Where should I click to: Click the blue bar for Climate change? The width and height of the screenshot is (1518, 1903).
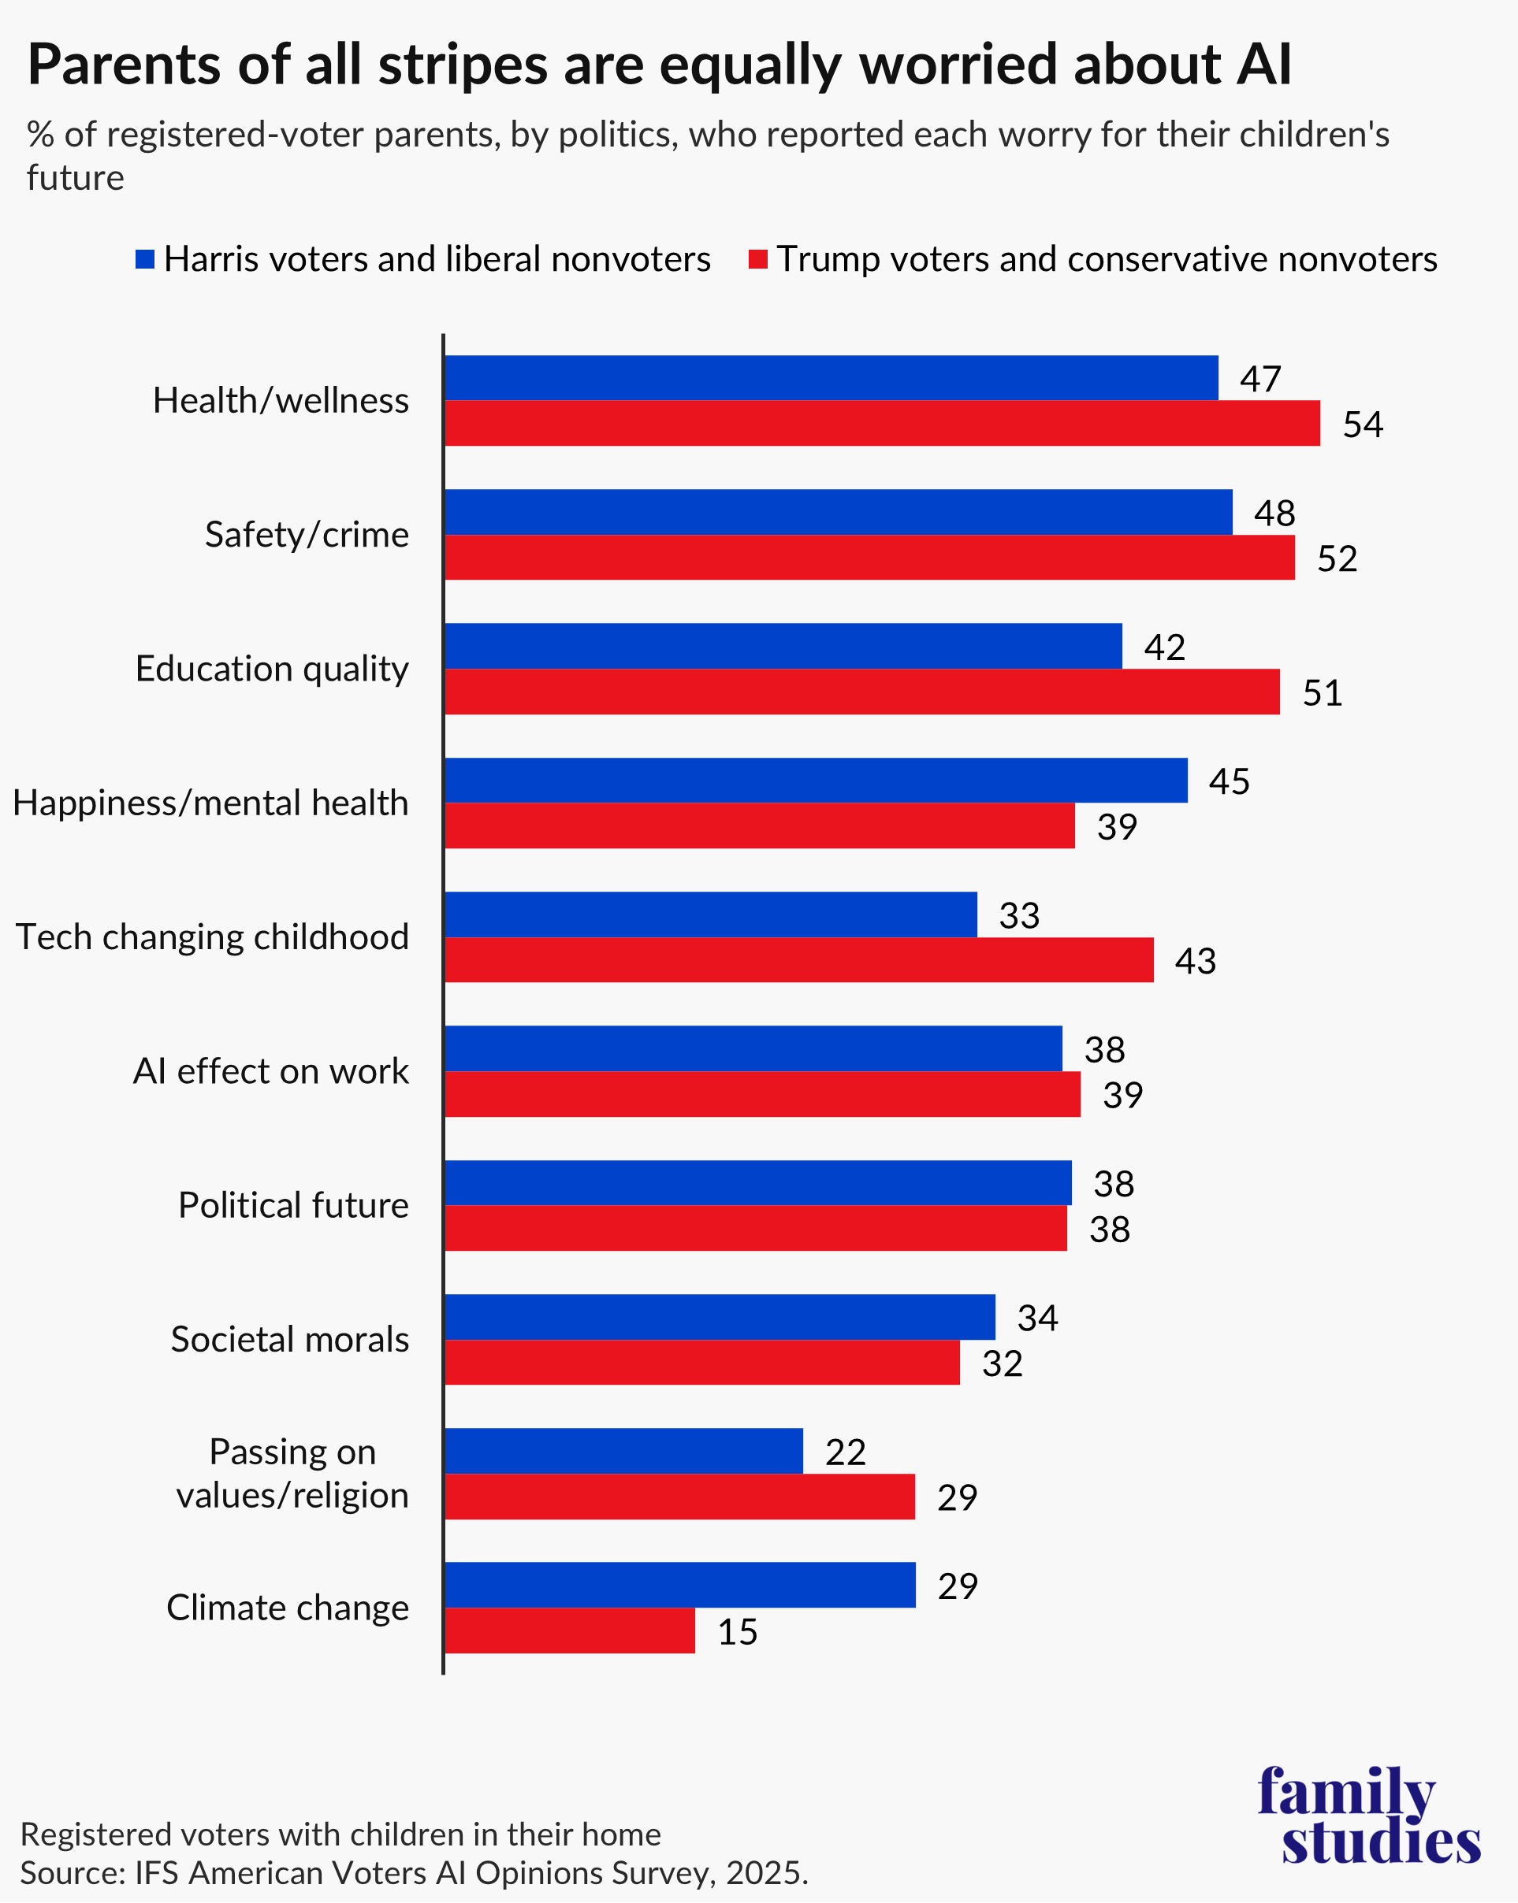click(x=680, y=1584)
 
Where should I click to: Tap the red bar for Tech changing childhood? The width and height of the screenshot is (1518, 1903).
click(x=798, y=959)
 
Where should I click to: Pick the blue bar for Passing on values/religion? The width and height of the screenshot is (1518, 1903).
click(x=623, y=1450)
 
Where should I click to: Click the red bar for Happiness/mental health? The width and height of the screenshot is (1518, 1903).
click(x=760, y=825)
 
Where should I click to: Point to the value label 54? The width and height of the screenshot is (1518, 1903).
click(x=1363, y=425)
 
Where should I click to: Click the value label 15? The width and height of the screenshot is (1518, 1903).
click(x=738, y=1631)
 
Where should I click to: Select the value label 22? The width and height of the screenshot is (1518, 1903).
click(x=845, y=1452)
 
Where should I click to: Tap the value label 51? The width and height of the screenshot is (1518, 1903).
click(x=1322, y=693)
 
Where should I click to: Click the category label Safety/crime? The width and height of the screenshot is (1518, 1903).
click(x=307, y=535)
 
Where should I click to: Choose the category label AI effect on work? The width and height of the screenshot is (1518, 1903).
click(x=270, y=1070)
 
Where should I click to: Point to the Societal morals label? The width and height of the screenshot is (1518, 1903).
click(x=289, y=1339)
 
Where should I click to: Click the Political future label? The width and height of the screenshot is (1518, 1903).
click(x=293, y=1205)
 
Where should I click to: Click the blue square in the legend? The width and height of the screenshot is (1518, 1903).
click(x=145, y=258)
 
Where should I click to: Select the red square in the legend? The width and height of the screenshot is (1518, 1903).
click(x=757, y=258)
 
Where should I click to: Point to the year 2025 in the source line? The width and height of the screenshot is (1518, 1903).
click(x=765, y=1872)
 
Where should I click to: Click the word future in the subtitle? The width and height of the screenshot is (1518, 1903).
click(x=75, y=178)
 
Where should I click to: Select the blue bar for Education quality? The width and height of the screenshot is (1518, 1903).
click(x=783, y=646)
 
